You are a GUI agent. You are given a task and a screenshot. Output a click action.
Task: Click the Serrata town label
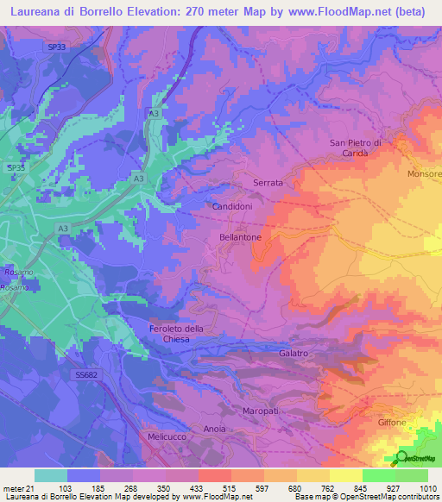(268, 184)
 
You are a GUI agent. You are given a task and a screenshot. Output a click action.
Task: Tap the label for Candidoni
(232, 208)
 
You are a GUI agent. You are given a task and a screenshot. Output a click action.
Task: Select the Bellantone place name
(241, 235)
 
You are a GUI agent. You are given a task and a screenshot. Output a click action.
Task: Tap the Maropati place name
(262, 410)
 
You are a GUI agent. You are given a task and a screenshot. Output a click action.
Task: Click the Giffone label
(394, 423)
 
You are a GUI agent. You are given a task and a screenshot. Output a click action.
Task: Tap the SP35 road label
(16, 167)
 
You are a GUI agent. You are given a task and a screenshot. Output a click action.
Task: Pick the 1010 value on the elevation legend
(428, 489)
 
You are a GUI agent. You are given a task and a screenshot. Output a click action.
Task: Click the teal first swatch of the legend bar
(50, 475)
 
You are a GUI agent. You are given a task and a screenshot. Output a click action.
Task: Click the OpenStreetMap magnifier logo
(402, 457)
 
